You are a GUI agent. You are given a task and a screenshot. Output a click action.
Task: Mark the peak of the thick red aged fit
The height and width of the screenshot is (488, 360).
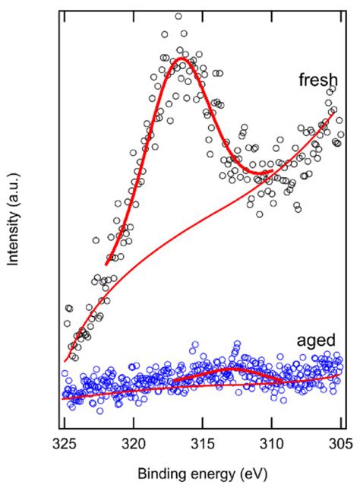[x=234, y=368]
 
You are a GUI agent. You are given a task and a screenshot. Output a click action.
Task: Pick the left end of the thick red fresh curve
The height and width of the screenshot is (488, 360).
[x=106, y=264]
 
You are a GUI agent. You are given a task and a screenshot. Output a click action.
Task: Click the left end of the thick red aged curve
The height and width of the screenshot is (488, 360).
[x=173, y=381]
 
